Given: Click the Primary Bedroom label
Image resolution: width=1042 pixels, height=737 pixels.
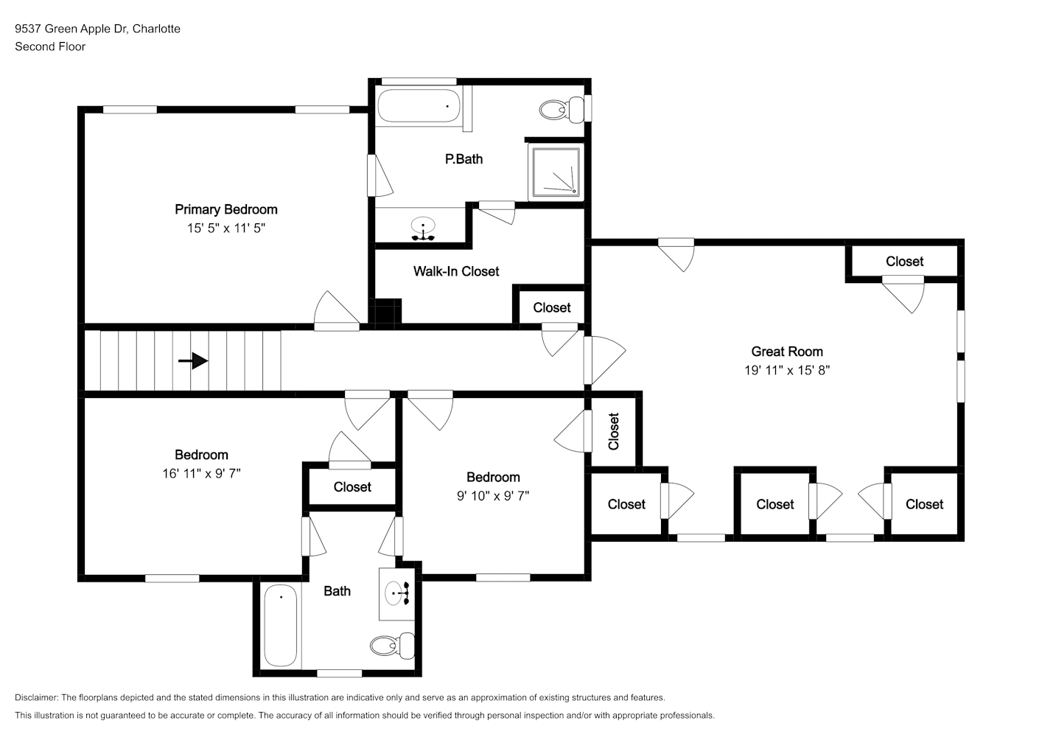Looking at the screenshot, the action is tap(226, 210).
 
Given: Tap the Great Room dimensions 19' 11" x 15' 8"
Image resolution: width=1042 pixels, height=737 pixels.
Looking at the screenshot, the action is tap(787, 371).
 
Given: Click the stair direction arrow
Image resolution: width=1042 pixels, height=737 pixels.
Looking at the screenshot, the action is tap(193, 360).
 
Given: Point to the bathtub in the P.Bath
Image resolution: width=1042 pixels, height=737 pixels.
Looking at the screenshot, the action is tap(419, 106).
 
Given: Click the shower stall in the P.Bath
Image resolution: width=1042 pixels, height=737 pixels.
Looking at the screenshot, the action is tap(556, 172).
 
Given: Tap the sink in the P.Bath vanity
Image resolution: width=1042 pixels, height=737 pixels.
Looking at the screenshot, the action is tap(423, 226).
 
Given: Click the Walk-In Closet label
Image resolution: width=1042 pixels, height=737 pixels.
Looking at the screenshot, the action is tap(456, 272).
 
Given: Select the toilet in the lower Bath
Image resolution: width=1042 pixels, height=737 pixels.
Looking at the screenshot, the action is tap(392, 646).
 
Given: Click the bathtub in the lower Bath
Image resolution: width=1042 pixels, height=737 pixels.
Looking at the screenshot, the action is tap(281, 625).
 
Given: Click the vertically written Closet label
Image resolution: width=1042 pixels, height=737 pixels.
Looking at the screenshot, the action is tap(614, 431).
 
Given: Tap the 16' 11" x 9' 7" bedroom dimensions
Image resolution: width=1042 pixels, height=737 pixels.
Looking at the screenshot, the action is tap(201, 474).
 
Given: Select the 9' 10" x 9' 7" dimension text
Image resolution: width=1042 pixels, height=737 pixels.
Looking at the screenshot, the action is tap(493, 496).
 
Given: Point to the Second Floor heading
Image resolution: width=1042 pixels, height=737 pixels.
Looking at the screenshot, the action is tap(50, 46).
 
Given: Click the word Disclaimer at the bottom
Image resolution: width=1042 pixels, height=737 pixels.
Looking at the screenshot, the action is tap(37, 697).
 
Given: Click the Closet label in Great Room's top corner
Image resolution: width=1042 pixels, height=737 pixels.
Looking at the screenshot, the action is tap(904, 262).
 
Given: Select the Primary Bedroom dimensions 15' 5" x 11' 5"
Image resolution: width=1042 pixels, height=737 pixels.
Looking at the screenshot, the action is tap(226, 228).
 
